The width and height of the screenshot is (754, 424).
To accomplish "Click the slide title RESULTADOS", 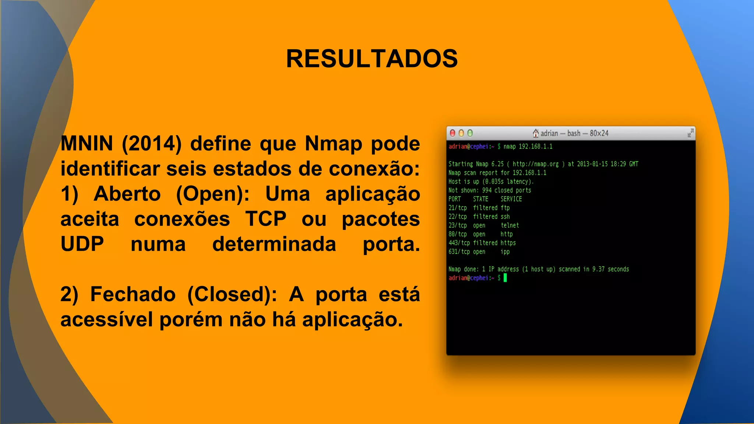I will click(372, 59).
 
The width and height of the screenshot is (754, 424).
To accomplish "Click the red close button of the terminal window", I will click(452, 133).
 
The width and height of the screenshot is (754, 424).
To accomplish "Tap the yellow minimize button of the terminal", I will click(461, 133).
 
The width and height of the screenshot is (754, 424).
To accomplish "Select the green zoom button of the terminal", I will click(470, 133).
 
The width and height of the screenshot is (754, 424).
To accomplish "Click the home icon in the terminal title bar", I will click(536, 133).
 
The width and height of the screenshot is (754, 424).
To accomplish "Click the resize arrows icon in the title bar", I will click(690, 133).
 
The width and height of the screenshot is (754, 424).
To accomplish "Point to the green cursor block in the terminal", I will click(505, 278).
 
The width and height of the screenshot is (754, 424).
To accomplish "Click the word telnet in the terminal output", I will click(510, 225).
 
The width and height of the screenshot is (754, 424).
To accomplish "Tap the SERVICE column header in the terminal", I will click(511, 199).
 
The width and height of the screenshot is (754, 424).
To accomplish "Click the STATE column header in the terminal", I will click(480, 199).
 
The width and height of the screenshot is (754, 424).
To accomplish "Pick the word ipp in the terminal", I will click(505, 252).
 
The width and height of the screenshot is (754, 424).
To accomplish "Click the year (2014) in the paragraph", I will click(152, 144).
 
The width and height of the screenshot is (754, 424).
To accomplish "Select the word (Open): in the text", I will click(213, 194).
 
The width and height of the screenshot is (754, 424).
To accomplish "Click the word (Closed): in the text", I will click(232, 294).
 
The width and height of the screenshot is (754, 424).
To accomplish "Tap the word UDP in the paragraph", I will click(82, 244).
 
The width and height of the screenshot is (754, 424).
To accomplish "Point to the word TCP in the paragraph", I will click(266, 219).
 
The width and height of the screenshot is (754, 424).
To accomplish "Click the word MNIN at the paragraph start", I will click(87, 144).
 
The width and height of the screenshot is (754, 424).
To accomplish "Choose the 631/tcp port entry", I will click(459, 252).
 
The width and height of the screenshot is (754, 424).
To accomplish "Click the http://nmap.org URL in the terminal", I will click(536, 164).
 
